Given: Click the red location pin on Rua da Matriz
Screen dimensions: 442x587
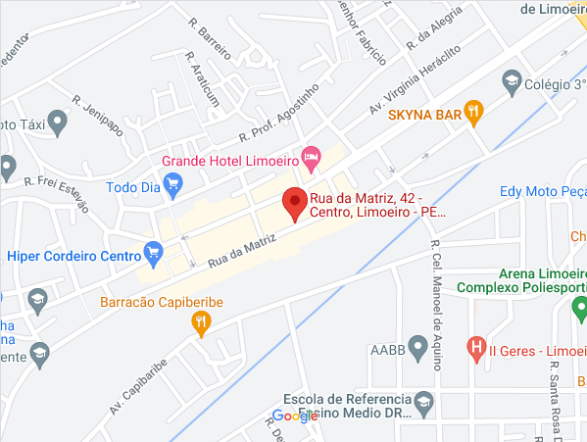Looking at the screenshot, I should pos(294,203).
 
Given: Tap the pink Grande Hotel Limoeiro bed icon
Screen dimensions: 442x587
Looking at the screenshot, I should pos(312,155).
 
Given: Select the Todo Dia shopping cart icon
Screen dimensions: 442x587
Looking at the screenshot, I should pos(173,181).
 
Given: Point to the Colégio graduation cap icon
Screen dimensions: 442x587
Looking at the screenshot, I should pos(511,79).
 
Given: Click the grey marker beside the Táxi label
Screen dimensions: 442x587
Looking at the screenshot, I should pos(57,123).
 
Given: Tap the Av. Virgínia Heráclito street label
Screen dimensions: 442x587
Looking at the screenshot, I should pos(415,80).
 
